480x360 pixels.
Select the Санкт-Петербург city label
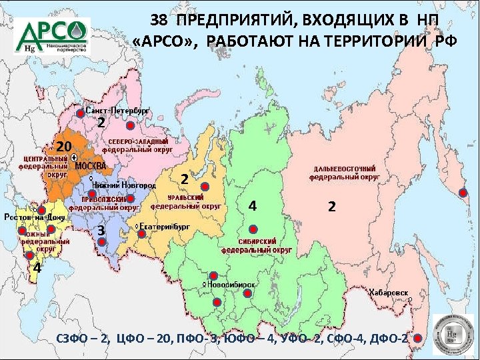(x=118, y=109)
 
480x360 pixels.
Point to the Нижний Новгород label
(x=125, y=184)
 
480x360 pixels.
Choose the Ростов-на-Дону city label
(x=34, y=217)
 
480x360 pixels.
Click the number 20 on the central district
(x=63, y=146)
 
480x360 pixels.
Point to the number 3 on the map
(x=101, y=230)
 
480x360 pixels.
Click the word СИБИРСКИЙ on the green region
(x=256, y=241)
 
